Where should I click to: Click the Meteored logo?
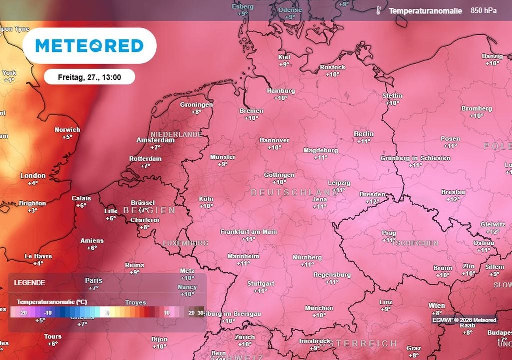pyautogui.click(x=89, y=46)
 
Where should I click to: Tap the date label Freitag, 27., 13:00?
pyautogui.click(x=89, y=77)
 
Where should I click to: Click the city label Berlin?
pyautogui.click(x=363, y=134)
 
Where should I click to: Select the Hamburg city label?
pyautogui.click(x=281, y=91)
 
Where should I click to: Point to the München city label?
pyautogui.click(x=319, y=308)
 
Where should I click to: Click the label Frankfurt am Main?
pyautogui.click(x=248, y=232)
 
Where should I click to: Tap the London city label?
pyautogui.click(x=33, y=176)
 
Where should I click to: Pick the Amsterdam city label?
pyautogui.click(x=156, y=140)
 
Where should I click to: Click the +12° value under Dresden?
pyautogui.click(x=372, y=201)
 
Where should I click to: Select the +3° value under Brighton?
pyautogui.click(x=32, y=210)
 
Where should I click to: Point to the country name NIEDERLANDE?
pyautogui.click(x=176, y=134)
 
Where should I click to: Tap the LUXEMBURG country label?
pyautogui.click(x=185, y=243)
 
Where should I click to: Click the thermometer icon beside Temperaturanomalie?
pyautogui.click(x=380, y=11)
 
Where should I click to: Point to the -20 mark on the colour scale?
pyautogui.click(x=22, y=313)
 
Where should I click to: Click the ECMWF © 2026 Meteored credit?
pyautogui.click(x=464, y=320)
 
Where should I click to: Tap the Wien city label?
pyautogui.click(x=436, y=305)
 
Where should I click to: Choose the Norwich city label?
pyautogui.click(x=67, y=130)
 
